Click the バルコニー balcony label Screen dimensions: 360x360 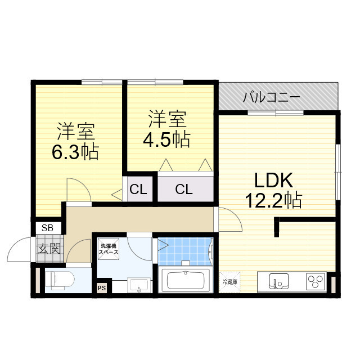coord(272,98)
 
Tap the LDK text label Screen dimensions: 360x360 coord(274,181)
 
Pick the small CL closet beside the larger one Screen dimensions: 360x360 coord(138,190)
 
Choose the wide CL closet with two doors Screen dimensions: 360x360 coord(184,190)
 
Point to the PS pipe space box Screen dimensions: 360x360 coord(101,288)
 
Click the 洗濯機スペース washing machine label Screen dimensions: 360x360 coord(109,249)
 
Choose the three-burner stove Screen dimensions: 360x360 coord(316,280)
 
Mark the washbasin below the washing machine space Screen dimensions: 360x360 coord(138,285)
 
